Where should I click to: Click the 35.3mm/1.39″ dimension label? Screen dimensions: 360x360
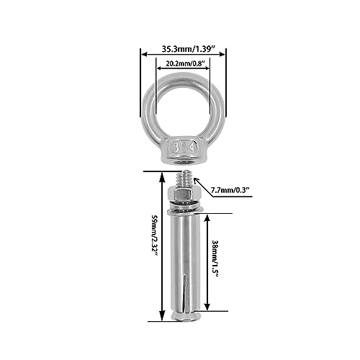click(188, 49)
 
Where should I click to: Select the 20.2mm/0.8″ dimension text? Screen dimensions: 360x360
click(185, 63)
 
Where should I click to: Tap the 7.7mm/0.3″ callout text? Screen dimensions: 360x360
click(230, 190)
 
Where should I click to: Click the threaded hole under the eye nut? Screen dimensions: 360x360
click(184, 163)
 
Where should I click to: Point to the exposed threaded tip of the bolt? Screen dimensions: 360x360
click(184, 179)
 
